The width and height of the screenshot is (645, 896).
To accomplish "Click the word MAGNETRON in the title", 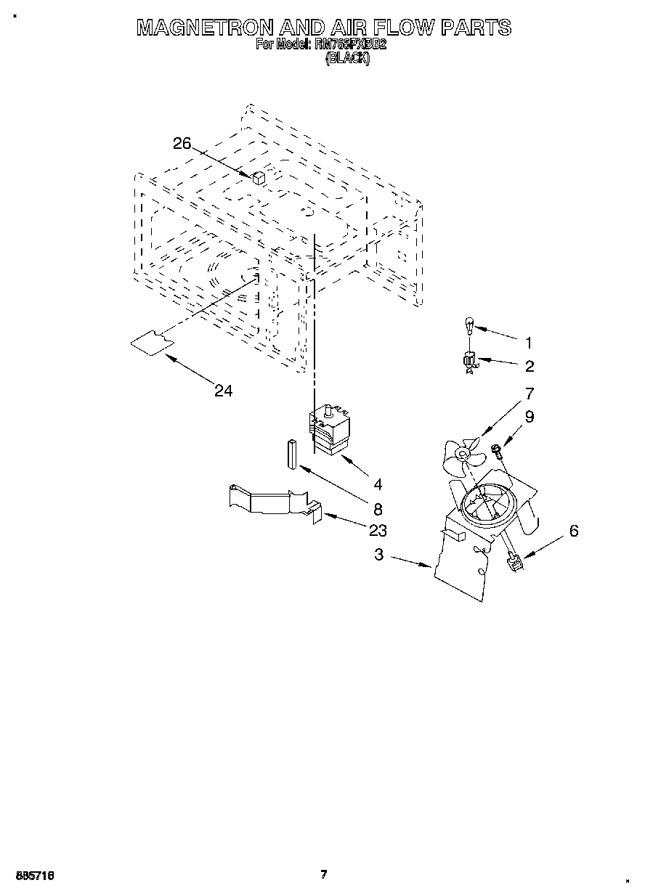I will point(206,28).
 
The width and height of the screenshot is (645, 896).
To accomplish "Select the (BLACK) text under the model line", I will point(347,60).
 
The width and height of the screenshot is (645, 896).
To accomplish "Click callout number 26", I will point(182,144).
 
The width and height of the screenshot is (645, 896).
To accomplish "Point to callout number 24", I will point(224,391).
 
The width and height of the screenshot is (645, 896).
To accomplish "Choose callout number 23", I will point(378,530).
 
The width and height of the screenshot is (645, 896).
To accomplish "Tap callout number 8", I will point(378,509).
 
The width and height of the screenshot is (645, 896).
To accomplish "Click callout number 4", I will point(378,484).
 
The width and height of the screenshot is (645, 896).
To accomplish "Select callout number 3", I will point(379,555).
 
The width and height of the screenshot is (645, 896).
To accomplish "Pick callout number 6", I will point(574,531).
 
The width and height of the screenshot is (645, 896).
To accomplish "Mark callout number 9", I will point(530,417).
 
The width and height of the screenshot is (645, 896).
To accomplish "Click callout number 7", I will point(530,394).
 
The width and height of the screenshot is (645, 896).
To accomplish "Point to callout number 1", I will point(530,343).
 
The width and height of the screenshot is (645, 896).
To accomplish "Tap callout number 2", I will point(530,366).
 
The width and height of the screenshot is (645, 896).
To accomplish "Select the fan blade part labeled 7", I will point(461,453).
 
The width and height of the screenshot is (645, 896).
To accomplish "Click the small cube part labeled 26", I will point(259,176).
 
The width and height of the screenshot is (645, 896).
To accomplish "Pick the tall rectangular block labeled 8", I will point(291,454).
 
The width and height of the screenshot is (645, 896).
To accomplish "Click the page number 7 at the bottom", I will point(324,875).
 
